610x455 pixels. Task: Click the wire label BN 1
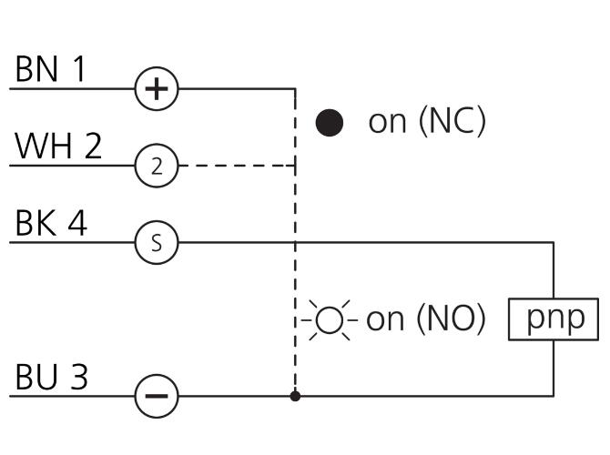point(50,69)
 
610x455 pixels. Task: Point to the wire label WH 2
point(58,146)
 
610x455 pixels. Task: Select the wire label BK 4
point(51,223)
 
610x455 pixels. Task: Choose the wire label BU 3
point(51,377)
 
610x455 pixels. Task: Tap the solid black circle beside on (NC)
point(329,123)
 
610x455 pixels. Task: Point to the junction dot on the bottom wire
point(295,396)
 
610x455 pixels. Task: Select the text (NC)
point(452,121)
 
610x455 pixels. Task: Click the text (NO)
point(451,318)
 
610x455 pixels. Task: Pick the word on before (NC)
point(387,123)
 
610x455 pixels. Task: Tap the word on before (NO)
point(385,320)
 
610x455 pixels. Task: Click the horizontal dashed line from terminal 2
point(237,166)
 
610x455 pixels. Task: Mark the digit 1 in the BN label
point(79,69)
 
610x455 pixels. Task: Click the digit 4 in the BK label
point(77,223)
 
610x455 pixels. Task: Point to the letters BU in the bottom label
point(36,377)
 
